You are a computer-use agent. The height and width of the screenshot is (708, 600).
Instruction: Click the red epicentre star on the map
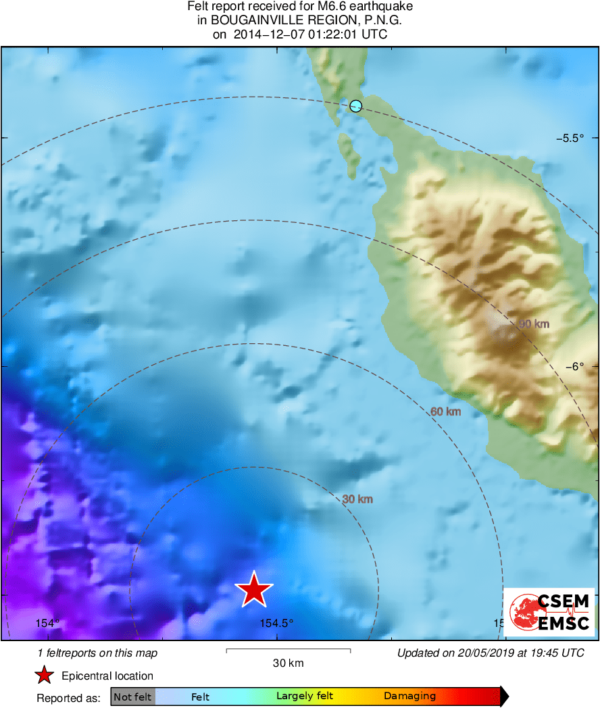coord(253,590)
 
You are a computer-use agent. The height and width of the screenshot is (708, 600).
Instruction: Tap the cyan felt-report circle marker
coord(356,105)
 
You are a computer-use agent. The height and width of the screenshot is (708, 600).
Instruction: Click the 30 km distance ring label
coord(357,499)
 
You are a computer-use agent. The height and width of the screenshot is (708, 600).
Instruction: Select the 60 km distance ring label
coord(446,411)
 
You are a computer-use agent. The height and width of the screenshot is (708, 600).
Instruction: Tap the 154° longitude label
coord(47,623)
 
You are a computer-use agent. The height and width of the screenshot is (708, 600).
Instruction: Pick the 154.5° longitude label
coord(276,623)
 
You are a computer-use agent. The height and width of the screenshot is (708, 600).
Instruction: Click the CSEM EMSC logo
coord(549,612)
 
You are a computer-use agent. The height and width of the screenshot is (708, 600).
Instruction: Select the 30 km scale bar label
coord(288,663)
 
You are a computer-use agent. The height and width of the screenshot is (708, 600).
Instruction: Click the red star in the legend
coord(44,675)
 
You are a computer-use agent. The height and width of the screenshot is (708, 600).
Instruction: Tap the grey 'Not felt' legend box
coord(132,697)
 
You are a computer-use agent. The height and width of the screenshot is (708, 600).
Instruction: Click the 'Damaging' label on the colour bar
coord(409,697)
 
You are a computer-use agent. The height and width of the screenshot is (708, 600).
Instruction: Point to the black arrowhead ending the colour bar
coord(503,697)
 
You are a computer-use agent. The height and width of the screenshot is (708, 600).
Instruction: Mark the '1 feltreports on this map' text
coord(97,653)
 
